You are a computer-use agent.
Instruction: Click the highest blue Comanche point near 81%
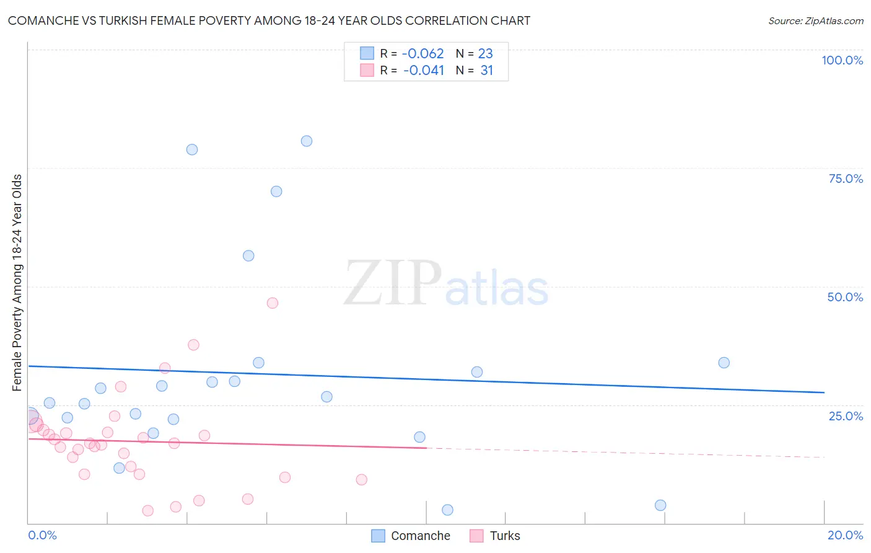pos(307,141)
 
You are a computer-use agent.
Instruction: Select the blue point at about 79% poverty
pos(192,149)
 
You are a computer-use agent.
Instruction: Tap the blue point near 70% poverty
pos(276,192)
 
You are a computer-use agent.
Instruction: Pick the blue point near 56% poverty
pos(248,255)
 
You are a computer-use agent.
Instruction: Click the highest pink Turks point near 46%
pos(273,303)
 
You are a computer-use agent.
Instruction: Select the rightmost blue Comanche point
pos(724,363)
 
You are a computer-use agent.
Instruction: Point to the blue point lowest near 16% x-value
pos(660,505)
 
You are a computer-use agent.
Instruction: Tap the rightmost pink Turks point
pos(362,479)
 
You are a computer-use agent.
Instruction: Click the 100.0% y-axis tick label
pos(842,60)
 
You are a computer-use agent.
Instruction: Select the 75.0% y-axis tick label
pos(846,179)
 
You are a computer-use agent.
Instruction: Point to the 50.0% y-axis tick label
pos(845,297)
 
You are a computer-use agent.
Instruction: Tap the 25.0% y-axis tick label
pos(846,416)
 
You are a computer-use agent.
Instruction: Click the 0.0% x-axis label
pos(42,535)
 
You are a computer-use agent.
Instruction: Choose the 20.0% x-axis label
pos(845,535)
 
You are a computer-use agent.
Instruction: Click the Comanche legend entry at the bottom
pos(411,536)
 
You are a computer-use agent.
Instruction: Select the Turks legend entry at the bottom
pos(495,536)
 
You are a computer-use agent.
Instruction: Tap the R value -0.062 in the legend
pos(423,54)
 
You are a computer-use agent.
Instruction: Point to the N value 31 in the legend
pos(487,71)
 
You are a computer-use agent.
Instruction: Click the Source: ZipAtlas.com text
pos(815,20)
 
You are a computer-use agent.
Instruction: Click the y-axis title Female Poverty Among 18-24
pos(17,283)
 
